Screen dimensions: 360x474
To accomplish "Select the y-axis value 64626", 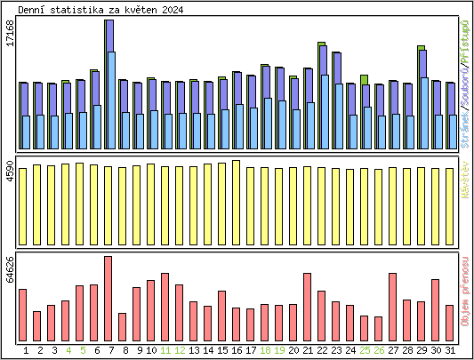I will (10, 269).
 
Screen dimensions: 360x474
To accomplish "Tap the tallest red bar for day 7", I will (108, 292).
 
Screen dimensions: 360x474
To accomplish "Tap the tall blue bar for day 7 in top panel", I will (108, 84).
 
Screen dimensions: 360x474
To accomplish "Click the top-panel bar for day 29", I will (422, 98).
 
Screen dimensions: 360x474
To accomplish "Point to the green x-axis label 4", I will (68, 350).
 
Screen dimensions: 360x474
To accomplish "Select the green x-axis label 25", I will (365, 350).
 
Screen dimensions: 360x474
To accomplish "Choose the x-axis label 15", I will (222, 350).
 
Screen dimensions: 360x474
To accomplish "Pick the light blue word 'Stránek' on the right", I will (466, 128).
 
